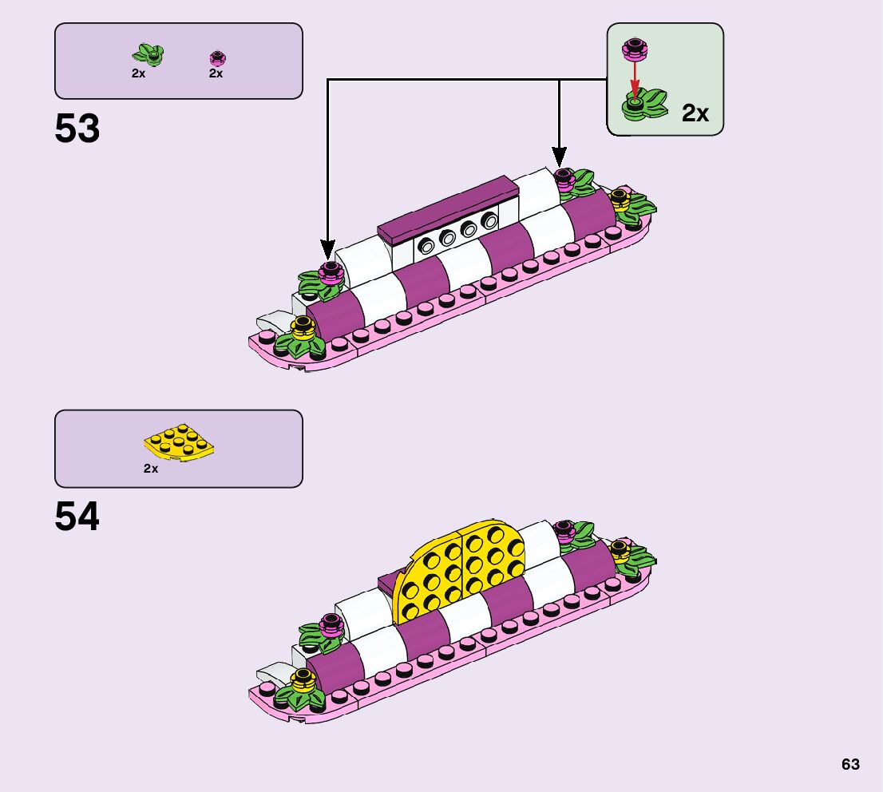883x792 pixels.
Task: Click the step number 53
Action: (77, 129)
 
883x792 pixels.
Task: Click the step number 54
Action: (77, 517)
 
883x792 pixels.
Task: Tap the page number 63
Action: (850, 764)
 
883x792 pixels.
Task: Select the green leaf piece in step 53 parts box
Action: (148, 55)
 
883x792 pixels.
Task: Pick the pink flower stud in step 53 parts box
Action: (217, 57)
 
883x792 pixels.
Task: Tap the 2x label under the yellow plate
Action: (151, 469)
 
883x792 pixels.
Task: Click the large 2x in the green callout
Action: (695, 113)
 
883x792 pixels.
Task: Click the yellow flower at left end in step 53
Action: (301, 326)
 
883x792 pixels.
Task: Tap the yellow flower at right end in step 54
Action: (620, 548)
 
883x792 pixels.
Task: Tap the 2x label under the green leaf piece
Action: (139, 73)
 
